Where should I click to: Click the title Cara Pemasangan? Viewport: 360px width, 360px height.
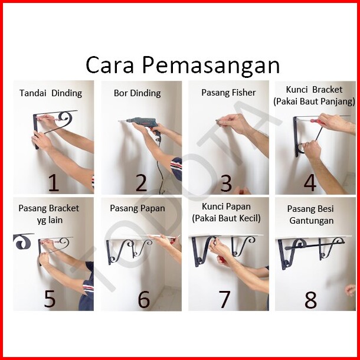pos(183,65)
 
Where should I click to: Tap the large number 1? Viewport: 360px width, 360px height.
pos(54,183)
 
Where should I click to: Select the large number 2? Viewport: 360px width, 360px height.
pos(141,183)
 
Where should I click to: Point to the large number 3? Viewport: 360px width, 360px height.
pos(226,183)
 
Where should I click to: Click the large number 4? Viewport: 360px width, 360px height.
pos(310,183)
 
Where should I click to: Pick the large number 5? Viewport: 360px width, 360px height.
pos(50,299)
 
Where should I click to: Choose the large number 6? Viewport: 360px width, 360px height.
pos(144,299)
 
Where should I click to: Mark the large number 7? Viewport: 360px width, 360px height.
pos(224,299)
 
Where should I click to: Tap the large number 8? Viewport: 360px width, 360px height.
pos(310,299)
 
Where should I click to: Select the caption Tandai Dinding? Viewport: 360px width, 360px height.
pos(51,93)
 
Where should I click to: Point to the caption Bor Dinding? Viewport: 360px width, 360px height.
pos(138,93)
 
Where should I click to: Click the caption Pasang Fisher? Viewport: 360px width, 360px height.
pos(228,93)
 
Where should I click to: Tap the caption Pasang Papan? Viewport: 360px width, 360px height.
pos(138,208)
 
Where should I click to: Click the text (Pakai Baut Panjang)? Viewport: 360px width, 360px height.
pos(314,102)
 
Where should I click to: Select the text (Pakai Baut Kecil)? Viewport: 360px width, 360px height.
pos(227,218)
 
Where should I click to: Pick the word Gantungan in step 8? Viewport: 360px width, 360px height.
pos(312,221)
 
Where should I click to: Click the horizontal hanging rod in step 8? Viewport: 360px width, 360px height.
pos(315,246)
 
